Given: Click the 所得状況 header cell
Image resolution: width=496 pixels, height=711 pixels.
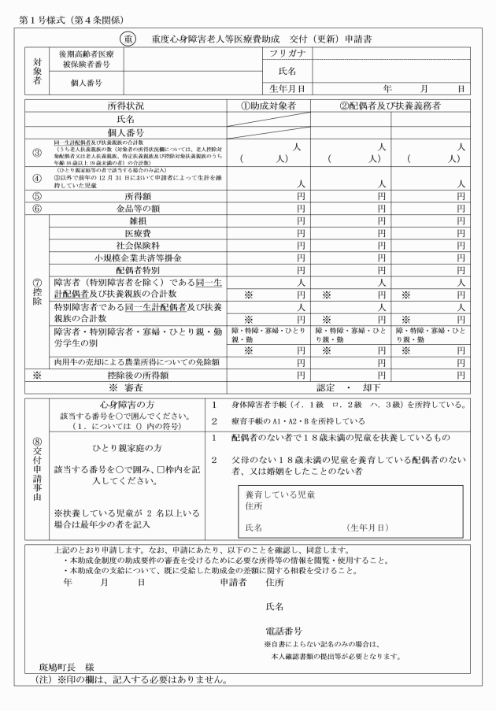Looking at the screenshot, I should (126, 105).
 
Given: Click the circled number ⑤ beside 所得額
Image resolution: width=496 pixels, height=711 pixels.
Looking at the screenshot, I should (36, 195).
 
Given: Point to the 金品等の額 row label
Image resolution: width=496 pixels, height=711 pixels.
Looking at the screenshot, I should (138, 208).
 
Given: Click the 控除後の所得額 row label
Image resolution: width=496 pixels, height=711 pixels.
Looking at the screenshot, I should (138, 376).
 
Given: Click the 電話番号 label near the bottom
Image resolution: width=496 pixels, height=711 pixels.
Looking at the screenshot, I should (284, 631).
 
